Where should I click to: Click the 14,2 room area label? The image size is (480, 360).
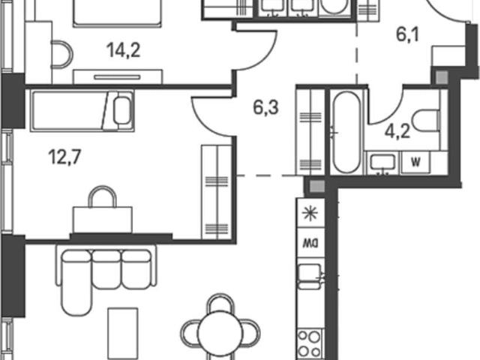click(x=123, y=50)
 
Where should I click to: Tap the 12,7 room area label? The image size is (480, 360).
click(x=64, y=157)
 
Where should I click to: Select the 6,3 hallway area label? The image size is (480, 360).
click(x=265, y=107)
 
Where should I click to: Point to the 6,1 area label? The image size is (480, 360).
click(x=407, y=34)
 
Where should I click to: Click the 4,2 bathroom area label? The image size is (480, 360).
click(x=397, y=132)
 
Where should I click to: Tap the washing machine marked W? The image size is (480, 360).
click(x=415, y=162)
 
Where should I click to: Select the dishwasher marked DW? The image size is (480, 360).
click(x=310, y=243)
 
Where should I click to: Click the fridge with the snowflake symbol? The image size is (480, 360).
click(x=310, y=213)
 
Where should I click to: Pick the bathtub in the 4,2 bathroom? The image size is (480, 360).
click(x=346, y=132)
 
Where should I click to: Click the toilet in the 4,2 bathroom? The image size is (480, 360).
click(x=426, y=120)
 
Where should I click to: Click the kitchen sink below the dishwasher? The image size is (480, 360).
click(x=310, y=276)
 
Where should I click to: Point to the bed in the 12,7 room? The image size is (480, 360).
click(x=82, y=111)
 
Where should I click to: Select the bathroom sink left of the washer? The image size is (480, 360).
click(x=382, y=162)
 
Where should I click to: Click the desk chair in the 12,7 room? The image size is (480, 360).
click(x=102, y=196)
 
